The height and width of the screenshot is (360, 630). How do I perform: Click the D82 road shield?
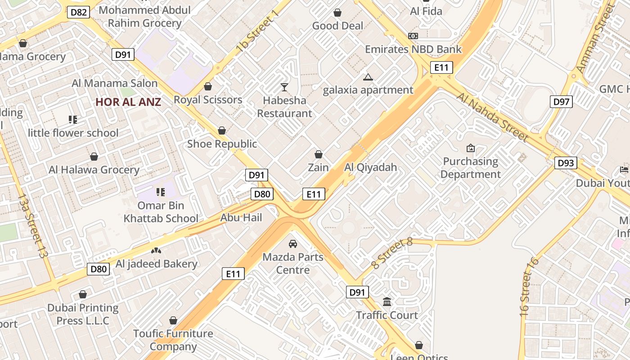(x=79, y=12)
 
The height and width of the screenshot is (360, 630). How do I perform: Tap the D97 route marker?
(x=561, y=102)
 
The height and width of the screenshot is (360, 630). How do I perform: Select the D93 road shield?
(x=565, y=163)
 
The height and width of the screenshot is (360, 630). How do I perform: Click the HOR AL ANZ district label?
(x=128, y=102)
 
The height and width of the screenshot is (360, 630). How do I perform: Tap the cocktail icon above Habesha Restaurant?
(x=284, y=87)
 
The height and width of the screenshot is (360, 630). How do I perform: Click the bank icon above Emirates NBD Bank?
(x=413, y=36)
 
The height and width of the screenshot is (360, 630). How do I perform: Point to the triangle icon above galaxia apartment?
(x=368, y=77)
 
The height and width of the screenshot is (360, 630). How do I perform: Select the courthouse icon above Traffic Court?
(x=387, y=301)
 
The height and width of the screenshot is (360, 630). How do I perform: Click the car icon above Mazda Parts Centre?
(x=293, y=244)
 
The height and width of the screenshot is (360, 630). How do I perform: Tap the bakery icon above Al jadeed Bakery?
(x=156, y=251)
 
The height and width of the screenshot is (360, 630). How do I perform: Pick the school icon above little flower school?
(x=73, y=120)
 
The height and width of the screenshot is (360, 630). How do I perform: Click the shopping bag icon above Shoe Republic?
(x=221, y=131)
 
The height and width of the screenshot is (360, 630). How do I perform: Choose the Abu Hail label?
(x=241, y=218)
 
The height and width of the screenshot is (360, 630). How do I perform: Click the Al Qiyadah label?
(x=371, y=167)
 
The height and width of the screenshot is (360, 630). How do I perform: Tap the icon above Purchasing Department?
(x=471, y=148)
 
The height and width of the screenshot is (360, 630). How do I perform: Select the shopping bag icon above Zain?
(x=319, y=155)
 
